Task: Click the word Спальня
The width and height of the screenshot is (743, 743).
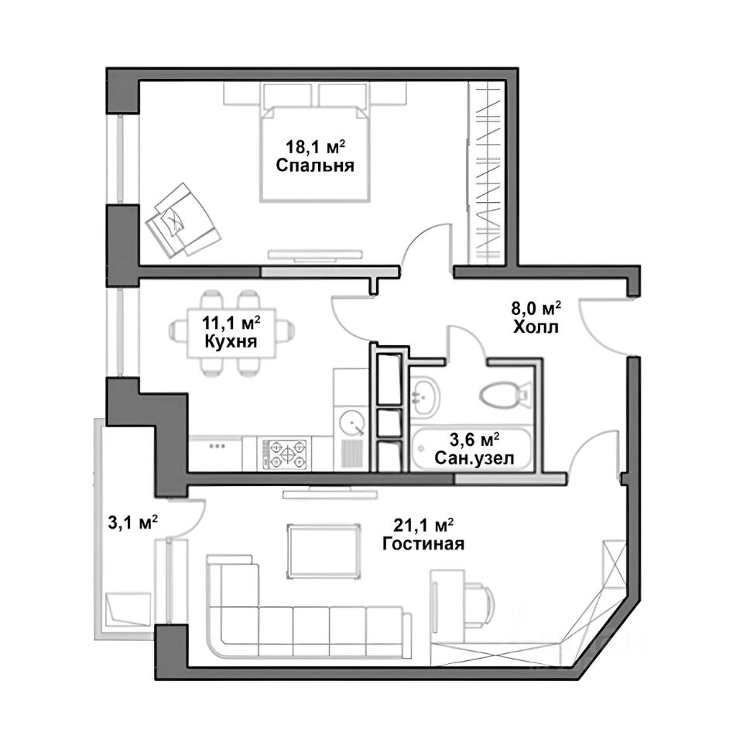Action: (x=315, y=166)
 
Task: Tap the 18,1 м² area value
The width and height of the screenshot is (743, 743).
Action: (x=315, y=146)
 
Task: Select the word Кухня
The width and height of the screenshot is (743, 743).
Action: (x=231, y=341)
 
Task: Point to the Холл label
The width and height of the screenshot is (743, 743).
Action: (x=536, y=327)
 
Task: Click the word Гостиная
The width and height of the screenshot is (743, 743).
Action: (x=423, y=543)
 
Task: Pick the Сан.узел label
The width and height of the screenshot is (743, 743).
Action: (x=474, y=458)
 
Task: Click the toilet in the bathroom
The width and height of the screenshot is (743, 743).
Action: (x=504, y=395)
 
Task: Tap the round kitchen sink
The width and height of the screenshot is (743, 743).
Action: (x=351, y=422)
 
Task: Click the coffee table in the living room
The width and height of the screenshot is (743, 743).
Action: (x=324, y=551)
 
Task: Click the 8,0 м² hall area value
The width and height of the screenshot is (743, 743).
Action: (x=536, y=309)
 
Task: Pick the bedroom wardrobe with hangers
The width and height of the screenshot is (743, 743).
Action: (x=485, y=173)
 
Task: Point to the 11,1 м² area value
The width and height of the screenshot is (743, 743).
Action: (x=231, y=324)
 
